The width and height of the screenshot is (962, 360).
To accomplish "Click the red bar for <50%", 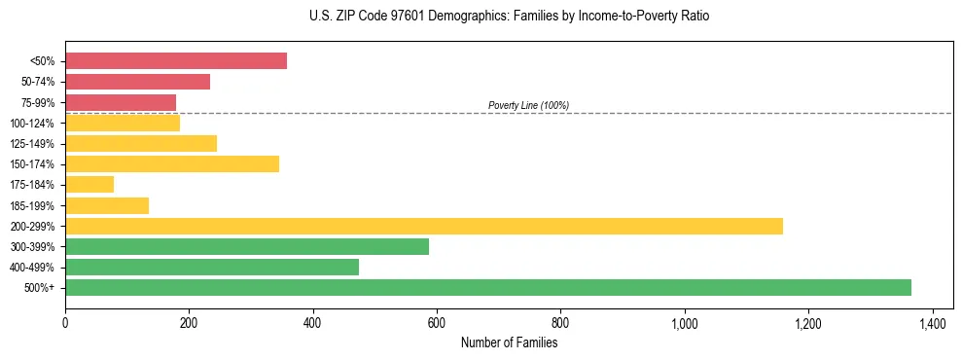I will [176, 61].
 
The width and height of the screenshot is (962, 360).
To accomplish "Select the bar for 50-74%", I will [137, 82].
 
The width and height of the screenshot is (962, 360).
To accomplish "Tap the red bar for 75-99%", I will [121, 102].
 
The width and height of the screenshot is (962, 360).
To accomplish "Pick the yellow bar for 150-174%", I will [172, 163].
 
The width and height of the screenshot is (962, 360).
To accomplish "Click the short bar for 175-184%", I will [89, 184].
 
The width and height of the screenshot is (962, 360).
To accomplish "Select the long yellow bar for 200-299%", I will [424, 226].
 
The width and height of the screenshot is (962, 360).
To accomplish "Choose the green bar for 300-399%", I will [247, 246].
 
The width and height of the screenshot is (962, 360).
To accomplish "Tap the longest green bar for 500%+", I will [488, 287].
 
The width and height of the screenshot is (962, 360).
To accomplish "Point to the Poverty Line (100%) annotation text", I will [528, 105].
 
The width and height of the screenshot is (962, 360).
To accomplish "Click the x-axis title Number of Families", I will [509, 342].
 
